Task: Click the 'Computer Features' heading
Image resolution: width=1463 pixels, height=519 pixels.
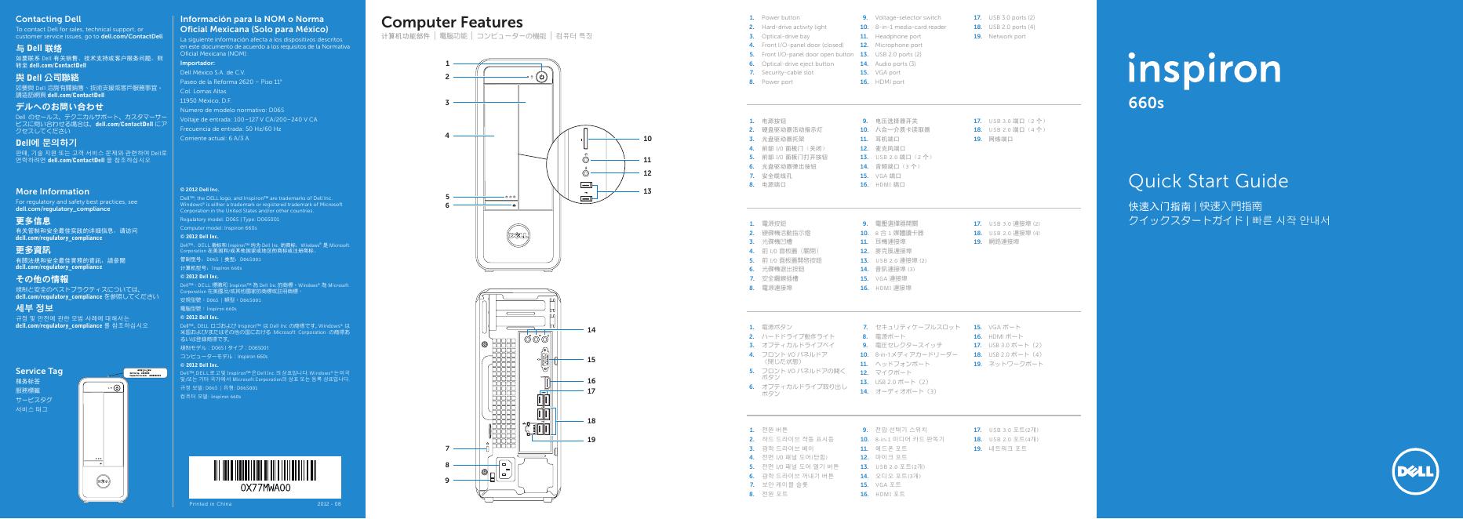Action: click(451, 23)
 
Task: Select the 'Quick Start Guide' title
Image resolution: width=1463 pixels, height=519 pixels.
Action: click(1208, 182)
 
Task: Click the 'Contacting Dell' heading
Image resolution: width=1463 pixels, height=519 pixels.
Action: click(48, 19)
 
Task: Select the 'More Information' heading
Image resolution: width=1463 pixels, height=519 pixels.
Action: click(53, 191)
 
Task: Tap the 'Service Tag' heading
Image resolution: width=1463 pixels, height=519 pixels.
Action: click(39, 371)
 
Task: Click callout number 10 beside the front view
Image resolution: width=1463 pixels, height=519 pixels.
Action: click(647, 139)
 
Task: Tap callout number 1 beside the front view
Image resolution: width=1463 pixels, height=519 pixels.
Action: click(447, 64)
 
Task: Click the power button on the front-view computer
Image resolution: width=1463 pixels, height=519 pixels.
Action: click(541, 77)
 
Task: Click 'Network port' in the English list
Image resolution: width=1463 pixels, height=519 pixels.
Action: click(1006, 36)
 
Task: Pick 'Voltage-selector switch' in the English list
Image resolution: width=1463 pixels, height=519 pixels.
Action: click(908, 17)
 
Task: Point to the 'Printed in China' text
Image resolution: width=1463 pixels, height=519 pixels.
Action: click(211, 503)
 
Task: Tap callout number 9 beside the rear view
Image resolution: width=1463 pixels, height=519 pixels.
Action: click(447, 479)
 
